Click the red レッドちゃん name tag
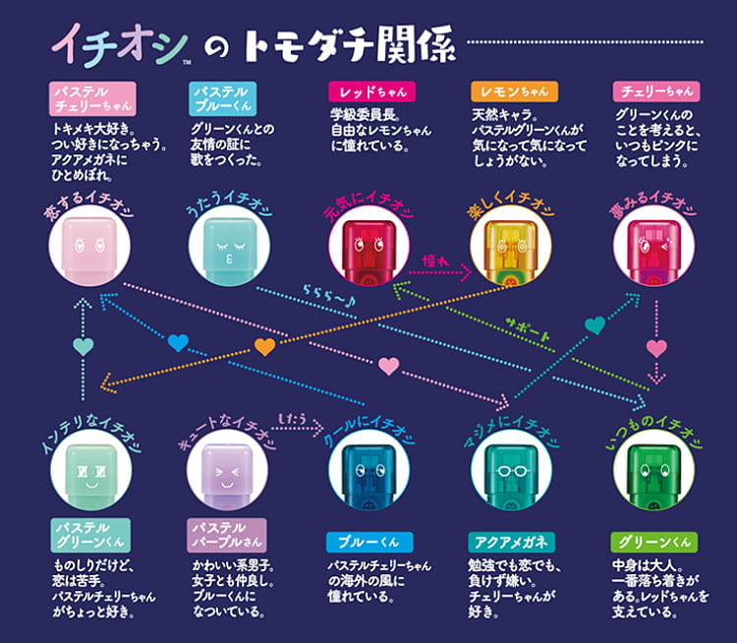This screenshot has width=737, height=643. (370, 91)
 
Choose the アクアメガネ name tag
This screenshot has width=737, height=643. (512, 540)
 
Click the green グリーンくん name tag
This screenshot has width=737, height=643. (653, 540)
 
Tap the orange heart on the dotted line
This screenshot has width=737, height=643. (265, 346)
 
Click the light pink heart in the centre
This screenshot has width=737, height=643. (389, 367)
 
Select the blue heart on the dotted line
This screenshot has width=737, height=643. (178, 343)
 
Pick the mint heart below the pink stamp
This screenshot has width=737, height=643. (83, 345)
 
